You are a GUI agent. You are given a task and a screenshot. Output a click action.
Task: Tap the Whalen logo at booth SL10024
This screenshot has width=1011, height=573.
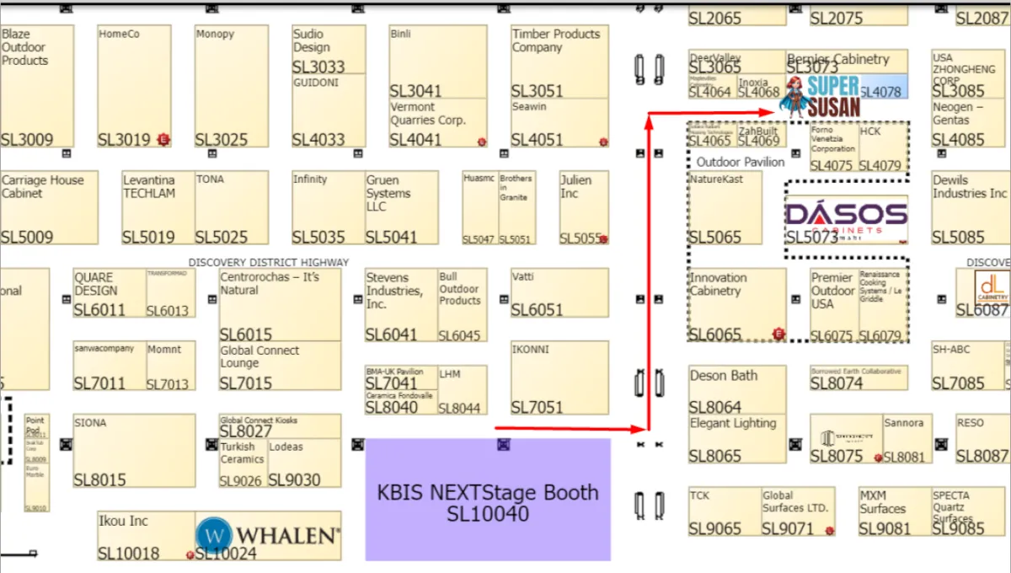[269, 535]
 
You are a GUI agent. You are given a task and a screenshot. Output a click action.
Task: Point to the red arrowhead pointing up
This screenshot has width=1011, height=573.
[648, 120]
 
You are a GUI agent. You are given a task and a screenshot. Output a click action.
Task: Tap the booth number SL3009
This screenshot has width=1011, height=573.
[27, 140]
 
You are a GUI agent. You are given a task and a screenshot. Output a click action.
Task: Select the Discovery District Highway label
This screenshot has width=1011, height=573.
[268, 262]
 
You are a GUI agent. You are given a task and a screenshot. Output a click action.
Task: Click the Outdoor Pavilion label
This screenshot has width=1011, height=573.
[740, 162]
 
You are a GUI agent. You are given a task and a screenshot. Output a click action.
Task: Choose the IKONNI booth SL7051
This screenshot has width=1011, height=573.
[559, 378]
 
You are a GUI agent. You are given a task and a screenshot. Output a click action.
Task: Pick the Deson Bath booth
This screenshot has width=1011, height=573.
[737, 390]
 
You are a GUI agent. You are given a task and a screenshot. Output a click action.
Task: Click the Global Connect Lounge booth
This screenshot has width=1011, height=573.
[280, 366]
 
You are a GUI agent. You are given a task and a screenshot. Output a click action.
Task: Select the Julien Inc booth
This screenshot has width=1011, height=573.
[584, 207]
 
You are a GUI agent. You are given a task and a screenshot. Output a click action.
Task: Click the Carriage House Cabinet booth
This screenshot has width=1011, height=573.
[49, 207]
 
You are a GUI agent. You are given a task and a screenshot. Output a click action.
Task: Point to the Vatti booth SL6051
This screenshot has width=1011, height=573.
[559, 292]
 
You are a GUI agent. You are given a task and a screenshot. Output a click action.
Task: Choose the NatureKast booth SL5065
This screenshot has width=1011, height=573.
[725, 207]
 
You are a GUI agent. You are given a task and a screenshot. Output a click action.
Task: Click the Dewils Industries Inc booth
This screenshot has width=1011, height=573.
[970, 207]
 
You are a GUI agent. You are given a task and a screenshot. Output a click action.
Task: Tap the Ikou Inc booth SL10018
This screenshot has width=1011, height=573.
[146, 535]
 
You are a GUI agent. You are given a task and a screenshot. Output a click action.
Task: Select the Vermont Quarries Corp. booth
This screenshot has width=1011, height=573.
[438, 123]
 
